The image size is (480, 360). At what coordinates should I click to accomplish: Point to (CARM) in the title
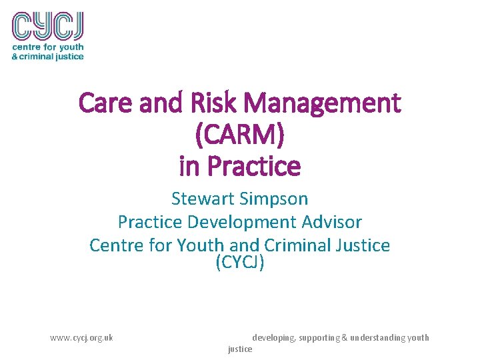pos(239,135)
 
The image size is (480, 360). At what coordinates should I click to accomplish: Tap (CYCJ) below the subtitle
pos(240,263)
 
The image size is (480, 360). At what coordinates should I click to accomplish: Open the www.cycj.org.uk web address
pos(81,337)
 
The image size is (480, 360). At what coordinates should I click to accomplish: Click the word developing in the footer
pos(273,337)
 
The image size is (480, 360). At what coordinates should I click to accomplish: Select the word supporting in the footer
pos(319,337)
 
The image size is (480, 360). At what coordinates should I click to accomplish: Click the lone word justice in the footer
pos(240,349)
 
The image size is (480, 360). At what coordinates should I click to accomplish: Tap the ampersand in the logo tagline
pos(15,57)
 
